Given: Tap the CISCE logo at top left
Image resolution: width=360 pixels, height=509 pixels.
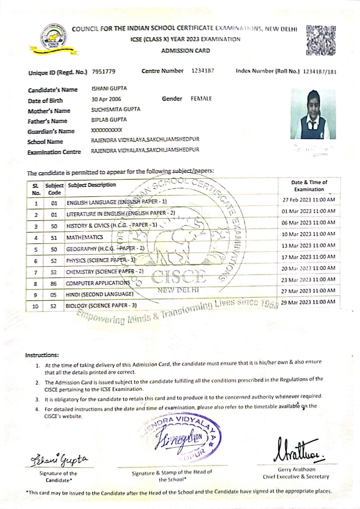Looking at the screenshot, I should (53, 40).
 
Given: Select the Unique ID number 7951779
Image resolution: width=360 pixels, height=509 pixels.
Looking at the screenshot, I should (103, 72).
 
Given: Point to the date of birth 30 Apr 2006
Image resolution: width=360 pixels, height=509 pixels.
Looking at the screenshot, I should (106, 99).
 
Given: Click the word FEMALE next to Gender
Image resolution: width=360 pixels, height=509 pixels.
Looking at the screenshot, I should (201, 99).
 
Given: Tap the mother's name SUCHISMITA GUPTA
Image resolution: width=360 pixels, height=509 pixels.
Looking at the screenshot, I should (116, 109).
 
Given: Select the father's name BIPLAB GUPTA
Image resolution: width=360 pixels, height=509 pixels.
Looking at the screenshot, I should (109, 119).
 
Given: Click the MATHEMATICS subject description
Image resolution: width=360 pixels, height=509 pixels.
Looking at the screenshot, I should (85, 237).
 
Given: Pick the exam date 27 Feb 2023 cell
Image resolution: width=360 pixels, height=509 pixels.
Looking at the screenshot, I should (308, 200).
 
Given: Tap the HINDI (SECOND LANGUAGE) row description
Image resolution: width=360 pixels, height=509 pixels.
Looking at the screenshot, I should (99, 295).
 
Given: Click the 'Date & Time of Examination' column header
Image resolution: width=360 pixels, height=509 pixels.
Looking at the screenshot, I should (309, 186).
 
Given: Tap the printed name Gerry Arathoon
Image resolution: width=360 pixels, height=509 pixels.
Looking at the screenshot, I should (296, 470).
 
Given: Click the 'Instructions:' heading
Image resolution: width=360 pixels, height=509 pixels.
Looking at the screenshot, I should (42, 355).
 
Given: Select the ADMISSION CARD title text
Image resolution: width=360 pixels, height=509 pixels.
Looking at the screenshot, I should (186, 51).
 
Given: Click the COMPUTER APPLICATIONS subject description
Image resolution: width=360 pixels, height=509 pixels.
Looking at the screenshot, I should (98, 283).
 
